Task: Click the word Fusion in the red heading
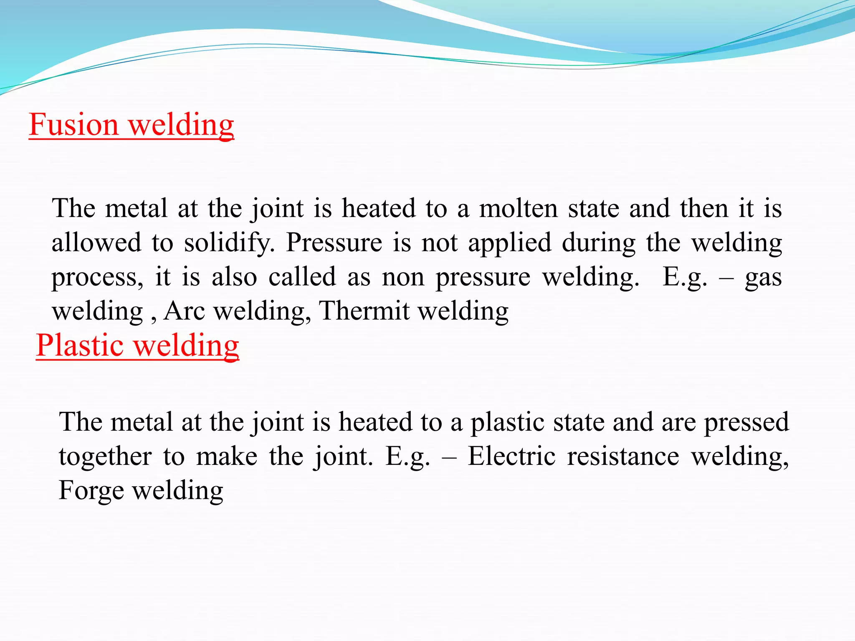click(x=74, y=125)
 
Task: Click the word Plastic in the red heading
click(x=79, y=346)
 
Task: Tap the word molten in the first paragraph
click(x=518, y=208)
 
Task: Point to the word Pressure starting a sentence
click(x=334, y=243)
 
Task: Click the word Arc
click(x=184, y=311)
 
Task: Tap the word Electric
click(x=511, y=456)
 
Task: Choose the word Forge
click(x=91, y=491)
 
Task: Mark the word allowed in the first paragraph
click(x=96, y=243)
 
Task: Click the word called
click(x=302, y=277)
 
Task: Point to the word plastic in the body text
click(x=507, y=423)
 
